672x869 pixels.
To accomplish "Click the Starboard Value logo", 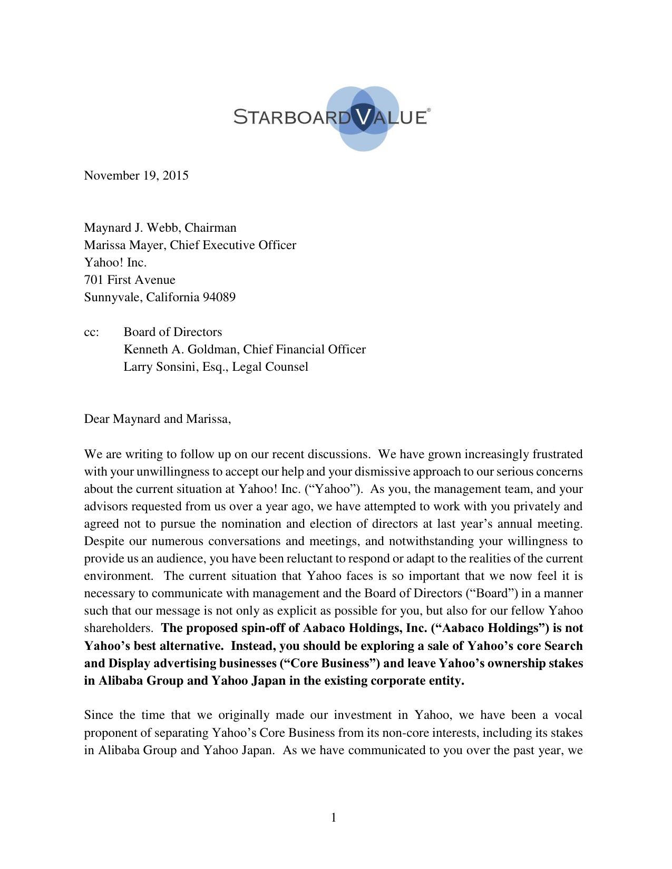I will click(x=333, y=117).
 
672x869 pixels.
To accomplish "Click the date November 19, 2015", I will click(x=136, y=175).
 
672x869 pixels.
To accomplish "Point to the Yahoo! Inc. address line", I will click(x=115, y=262).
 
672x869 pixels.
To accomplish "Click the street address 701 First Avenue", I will click(x=130, y=280).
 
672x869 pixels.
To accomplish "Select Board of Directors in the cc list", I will click(x=173, y=332).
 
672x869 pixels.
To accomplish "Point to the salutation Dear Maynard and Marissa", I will click(x=157, y=419).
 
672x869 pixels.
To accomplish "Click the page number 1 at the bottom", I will click(x=334, y=817).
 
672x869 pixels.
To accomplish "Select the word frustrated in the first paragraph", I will click(x=557, y=454).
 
